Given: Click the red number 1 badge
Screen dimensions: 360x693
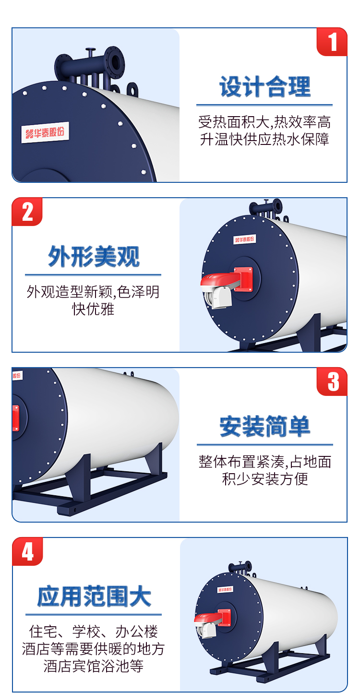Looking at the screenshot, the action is [x=332, y=42].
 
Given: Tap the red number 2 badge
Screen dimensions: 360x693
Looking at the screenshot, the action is [x=27, y=212].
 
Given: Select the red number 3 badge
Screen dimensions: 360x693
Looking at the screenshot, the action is [x=332, y=382].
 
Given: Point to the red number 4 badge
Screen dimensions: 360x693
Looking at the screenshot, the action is [x=27, y=551].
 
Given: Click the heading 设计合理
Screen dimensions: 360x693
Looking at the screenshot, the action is [x=264, y=86].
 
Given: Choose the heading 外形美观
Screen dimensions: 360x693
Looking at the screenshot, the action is [x=94, y=256].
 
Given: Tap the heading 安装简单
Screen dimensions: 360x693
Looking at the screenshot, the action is [x=264, y=426].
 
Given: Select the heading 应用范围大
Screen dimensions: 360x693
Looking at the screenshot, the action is [x=94, y=596].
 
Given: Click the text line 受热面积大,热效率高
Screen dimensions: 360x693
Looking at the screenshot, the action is [x=264, y=122].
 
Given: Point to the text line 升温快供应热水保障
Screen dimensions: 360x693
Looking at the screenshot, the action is [x=264, y=139].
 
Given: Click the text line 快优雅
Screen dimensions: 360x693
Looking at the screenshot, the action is [x=93, y=309].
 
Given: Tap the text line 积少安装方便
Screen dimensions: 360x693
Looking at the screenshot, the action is [x=265, y=479].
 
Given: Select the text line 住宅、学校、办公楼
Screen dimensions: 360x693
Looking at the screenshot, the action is [x=94, y=632].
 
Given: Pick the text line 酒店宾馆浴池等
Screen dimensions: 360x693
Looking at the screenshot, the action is [x=94, y=666].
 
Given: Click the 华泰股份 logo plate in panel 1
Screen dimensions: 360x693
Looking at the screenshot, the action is [x=45, y=133].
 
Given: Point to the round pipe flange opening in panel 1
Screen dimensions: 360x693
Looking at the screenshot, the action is [x=115, y=62].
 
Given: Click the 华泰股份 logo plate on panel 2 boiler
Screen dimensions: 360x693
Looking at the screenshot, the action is [x=244, y=239].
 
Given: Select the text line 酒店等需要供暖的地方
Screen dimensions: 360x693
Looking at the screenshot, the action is [x=93, y=649].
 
